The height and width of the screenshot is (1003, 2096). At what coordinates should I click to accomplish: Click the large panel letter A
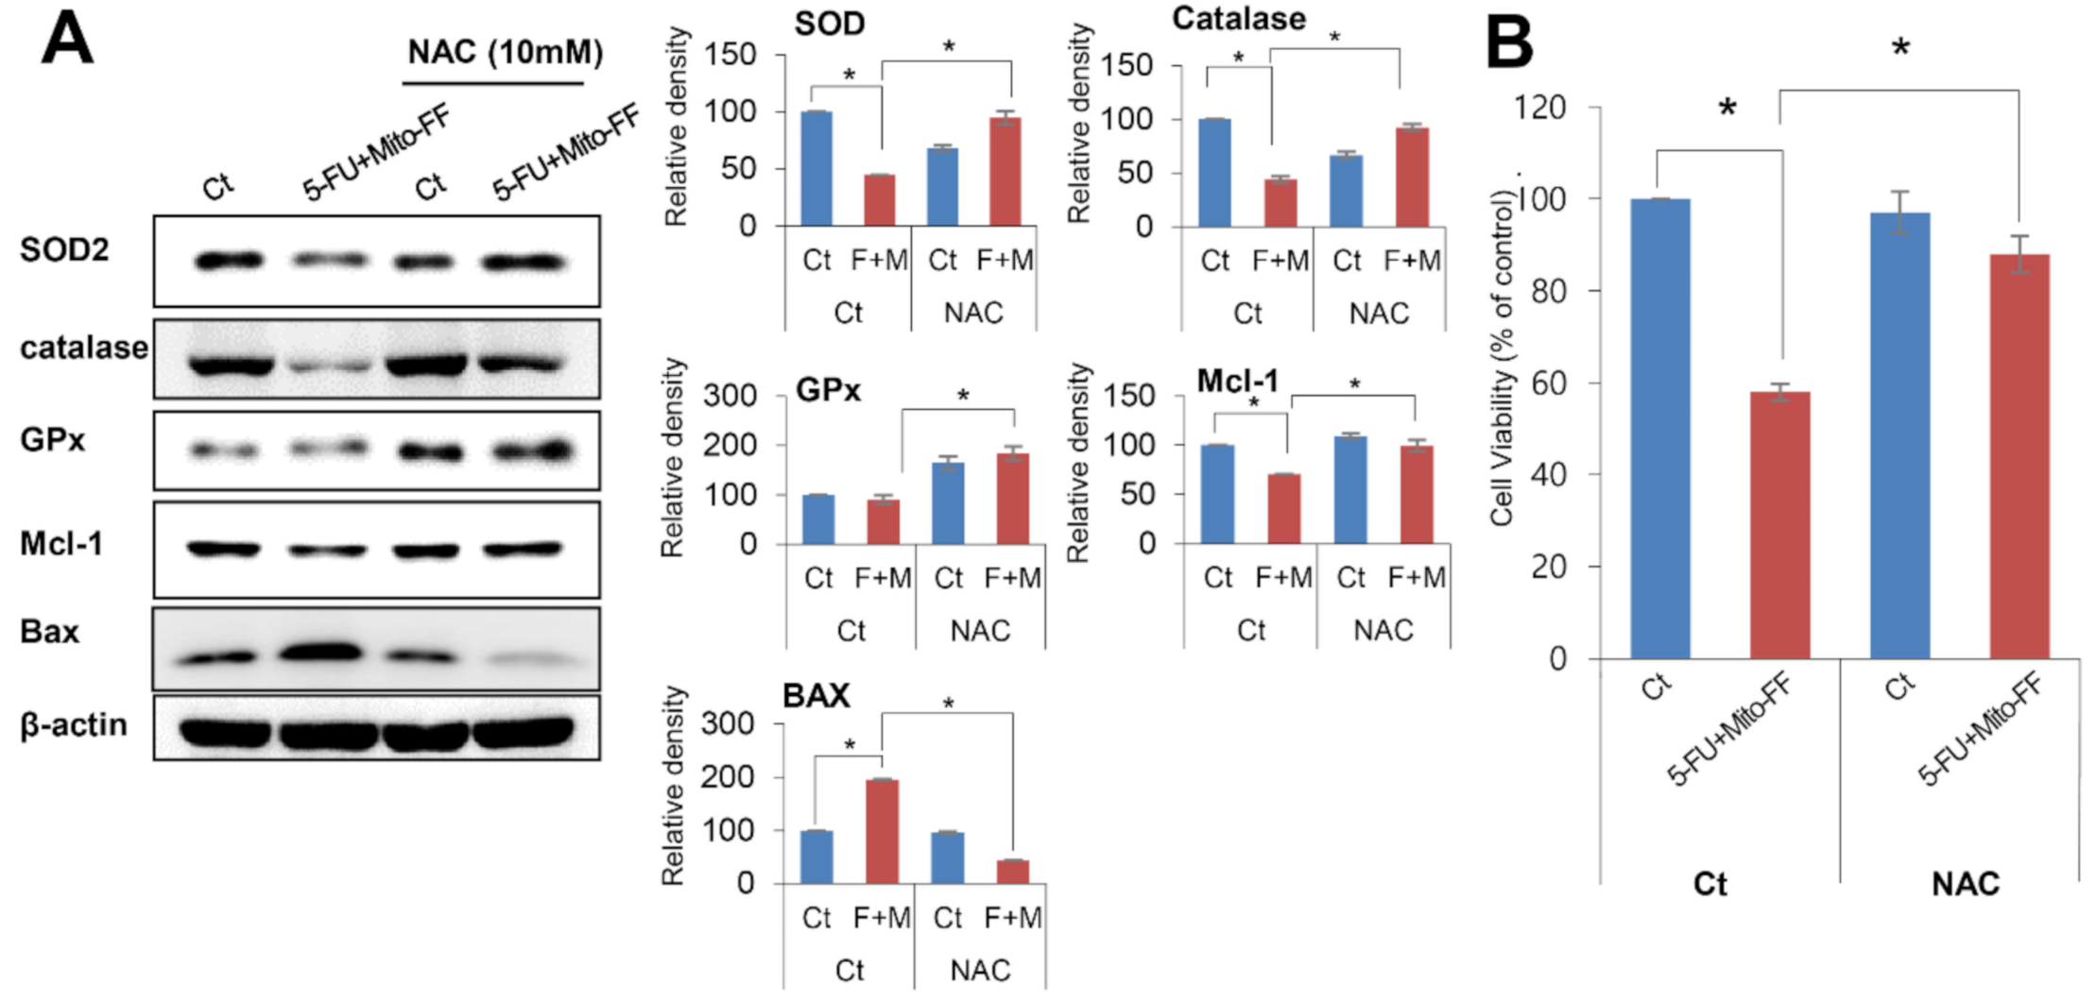click(x=67, y=40)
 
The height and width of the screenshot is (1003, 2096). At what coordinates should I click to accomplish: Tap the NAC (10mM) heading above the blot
click(x=505, y=52)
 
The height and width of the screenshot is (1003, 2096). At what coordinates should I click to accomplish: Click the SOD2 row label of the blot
click(x=64, y=250)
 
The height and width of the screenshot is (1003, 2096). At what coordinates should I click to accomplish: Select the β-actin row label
click(x=74, y=725)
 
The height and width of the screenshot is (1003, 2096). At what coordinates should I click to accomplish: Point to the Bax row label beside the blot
click(x=49, y=631)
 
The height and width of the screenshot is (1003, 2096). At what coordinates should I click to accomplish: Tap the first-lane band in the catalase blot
click(x=231, y=365)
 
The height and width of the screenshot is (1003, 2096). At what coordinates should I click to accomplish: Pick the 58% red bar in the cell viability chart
click(x=1779, y=525)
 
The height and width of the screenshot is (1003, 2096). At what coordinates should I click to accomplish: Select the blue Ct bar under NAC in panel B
click(x=1899, y=434)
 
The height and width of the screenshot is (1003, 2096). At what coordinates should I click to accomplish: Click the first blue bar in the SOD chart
click(x=816, y=168)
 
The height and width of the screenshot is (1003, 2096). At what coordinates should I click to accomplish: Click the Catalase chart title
click(x=1239, y=19)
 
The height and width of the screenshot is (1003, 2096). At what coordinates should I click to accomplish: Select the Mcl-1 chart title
click(x=1237, y=381)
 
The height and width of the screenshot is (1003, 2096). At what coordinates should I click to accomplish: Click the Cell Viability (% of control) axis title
click(x=1502, y=359)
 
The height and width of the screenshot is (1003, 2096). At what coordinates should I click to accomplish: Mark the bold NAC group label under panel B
click(x=1965, y=884)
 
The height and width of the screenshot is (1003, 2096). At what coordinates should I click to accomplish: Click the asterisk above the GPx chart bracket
click(x=963, y=396)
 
